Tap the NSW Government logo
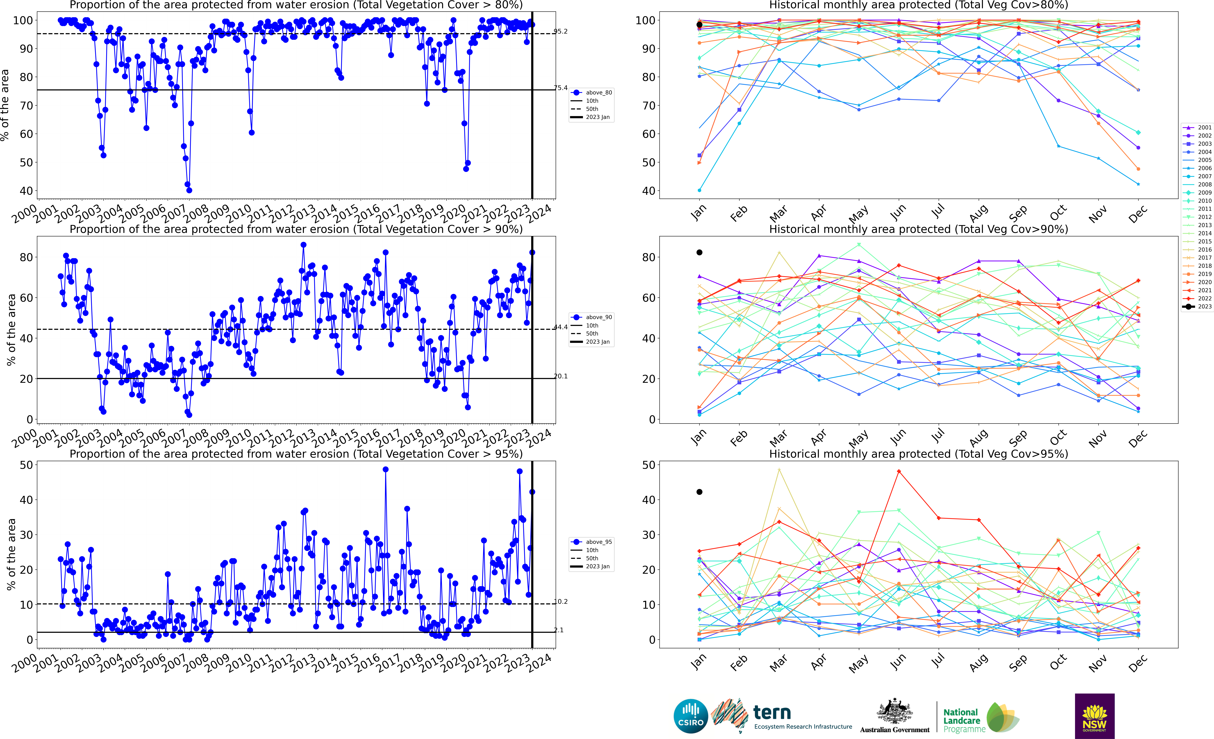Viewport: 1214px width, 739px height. pos(1094,716)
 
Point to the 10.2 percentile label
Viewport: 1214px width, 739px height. pos(560,602)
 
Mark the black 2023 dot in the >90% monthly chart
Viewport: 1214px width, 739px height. pos(699,252)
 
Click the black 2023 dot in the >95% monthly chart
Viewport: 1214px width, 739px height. pos(699,492)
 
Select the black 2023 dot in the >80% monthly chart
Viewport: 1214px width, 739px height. pos(699,25)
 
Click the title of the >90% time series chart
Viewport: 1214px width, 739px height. pos(296,229)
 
